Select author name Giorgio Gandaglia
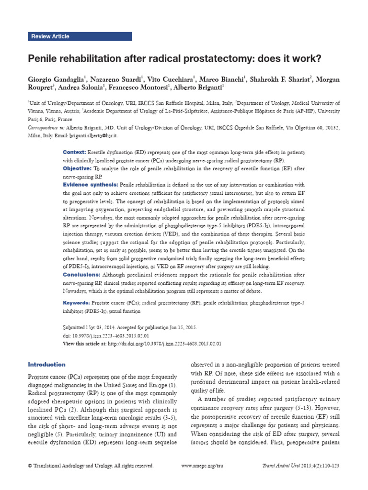coord(57,78)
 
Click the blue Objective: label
coord(77,168)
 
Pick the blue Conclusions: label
coord(82,275)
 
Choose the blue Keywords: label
coord(77,303)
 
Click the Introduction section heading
coord(46,365)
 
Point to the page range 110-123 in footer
coord(327,466)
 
